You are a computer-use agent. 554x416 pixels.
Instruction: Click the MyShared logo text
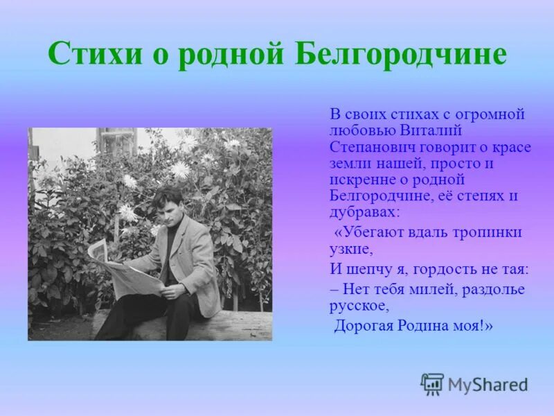488,385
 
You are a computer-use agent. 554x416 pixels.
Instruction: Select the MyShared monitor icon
432,384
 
